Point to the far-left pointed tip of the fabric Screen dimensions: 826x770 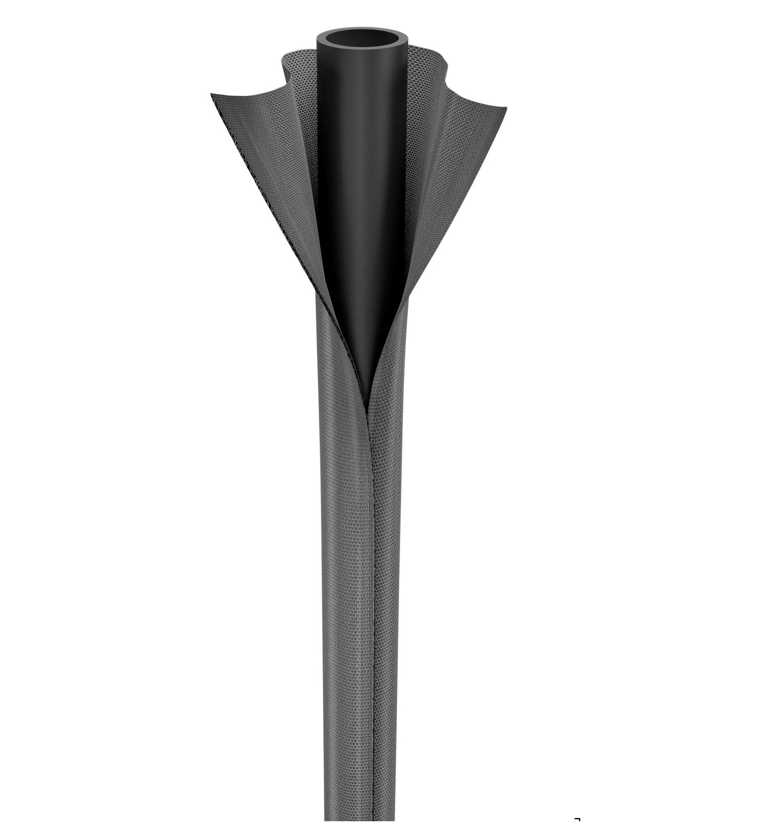(x=212, y=94)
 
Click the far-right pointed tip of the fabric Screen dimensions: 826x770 (x=506, y=108)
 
